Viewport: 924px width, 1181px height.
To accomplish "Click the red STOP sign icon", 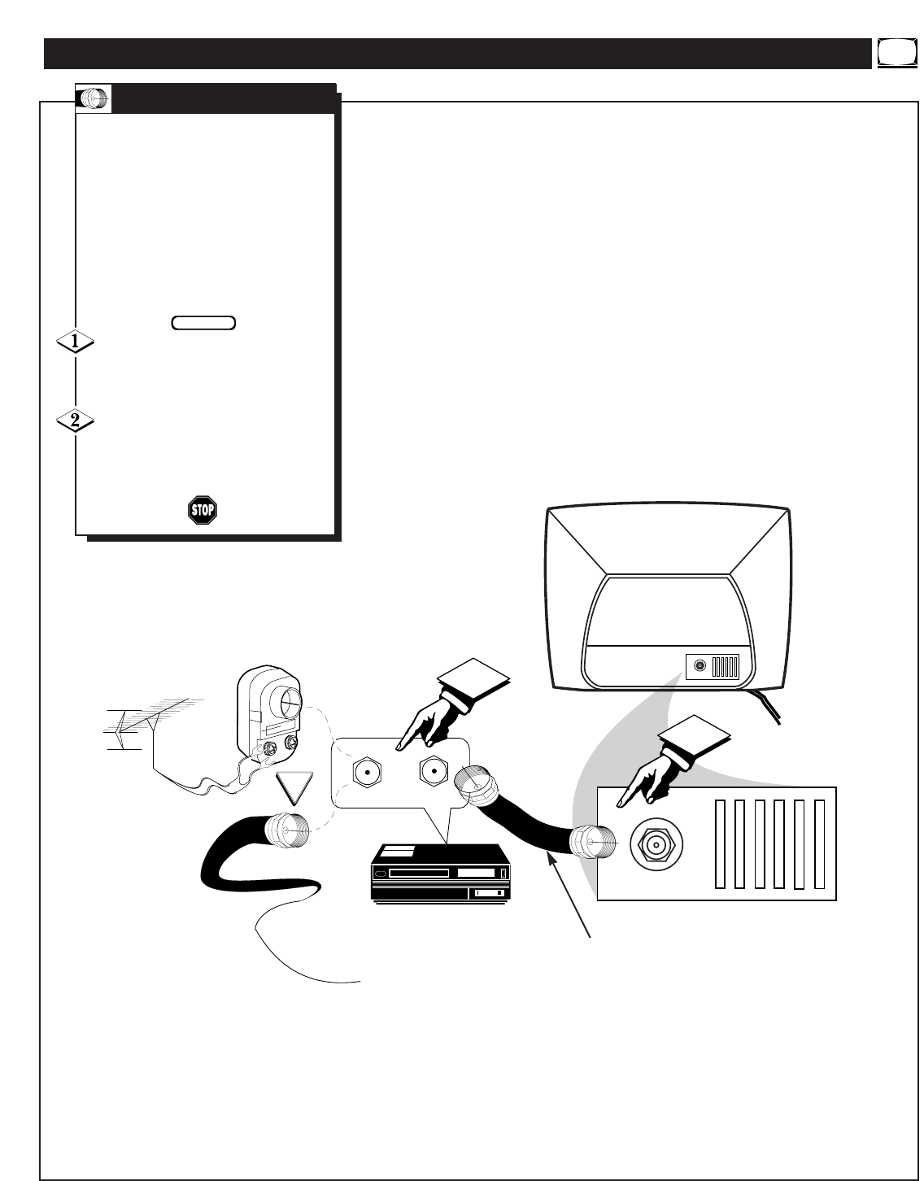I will [203, 510].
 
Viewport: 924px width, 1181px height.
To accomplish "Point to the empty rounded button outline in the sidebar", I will [204, 323].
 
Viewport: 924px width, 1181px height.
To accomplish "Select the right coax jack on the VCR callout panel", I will [433, 769].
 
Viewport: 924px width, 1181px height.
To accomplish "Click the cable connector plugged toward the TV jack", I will [594, 843].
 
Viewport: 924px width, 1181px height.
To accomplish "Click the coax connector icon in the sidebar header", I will [94, 98].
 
